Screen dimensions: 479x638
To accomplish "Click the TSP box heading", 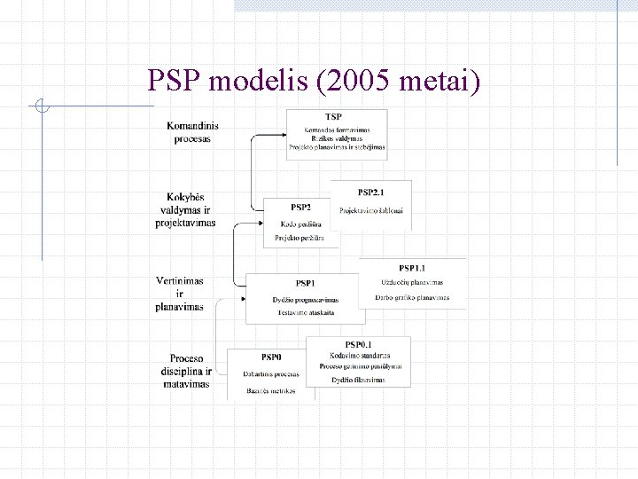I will click(x=333, y=116).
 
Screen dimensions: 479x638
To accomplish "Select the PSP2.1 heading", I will click(x=371, y=192).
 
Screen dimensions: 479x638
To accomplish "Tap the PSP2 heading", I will click(x=301, y=207).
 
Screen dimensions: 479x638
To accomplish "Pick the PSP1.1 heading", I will click(x=412, y=268).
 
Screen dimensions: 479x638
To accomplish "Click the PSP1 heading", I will click(x=305, y=283).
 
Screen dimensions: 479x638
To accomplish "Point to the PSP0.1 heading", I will click(x=358, y=344).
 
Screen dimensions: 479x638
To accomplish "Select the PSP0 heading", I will click(x=271, y=357).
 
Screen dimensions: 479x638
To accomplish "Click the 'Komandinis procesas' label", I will click(x=192, y=132).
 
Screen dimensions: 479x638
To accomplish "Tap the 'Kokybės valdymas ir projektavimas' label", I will click(x=186, y=209).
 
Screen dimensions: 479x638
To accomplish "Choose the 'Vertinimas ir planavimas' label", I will click(x=180, y=294).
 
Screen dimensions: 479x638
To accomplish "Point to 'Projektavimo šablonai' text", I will click(x=371, y=210).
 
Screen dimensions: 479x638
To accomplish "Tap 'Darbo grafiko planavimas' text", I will click(x=412, y=297).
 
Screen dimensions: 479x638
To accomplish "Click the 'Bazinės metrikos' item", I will click(x=271, y=390).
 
